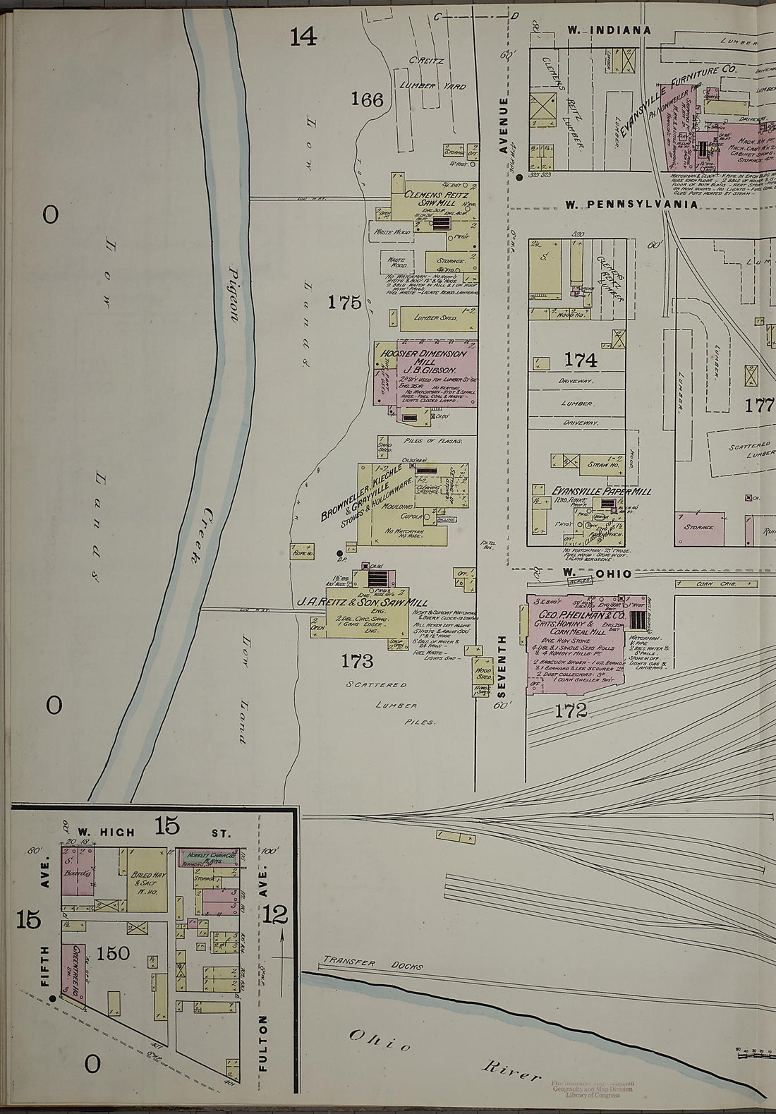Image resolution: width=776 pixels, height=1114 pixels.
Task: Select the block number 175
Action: click(344, 303)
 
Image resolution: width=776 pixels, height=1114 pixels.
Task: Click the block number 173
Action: click(356, 661)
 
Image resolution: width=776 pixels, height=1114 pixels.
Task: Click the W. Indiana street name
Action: click(609, 30)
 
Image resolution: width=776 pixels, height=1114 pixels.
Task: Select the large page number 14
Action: click(303, 36)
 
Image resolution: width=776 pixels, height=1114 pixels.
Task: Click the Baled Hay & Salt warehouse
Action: click(147, 878)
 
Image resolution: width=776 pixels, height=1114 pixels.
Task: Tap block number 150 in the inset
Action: click(113, 954)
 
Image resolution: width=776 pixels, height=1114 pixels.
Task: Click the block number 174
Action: click(580, 361)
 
